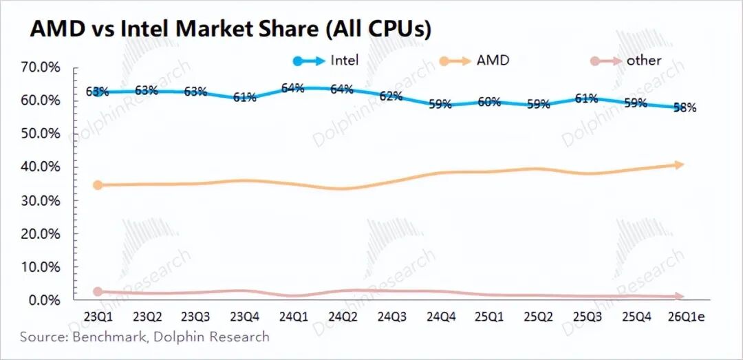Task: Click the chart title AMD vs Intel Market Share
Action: [230, 28]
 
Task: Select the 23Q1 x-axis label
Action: [98, 317]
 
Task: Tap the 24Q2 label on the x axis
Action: [342, 317]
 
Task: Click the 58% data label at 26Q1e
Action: [685, 107]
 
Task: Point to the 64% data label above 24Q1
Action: [292, 88]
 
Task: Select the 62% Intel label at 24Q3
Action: [390, 96]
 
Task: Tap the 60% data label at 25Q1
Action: [488, 102]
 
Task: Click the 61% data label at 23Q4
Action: [244, 98]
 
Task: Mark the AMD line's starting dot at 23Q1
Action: [98, 185]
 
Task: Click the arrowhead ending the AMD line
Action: [679, 165]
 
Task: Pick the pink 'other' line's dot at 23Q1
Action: [98, 292]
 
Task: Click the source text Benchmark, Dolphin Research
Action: [144, 337]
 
